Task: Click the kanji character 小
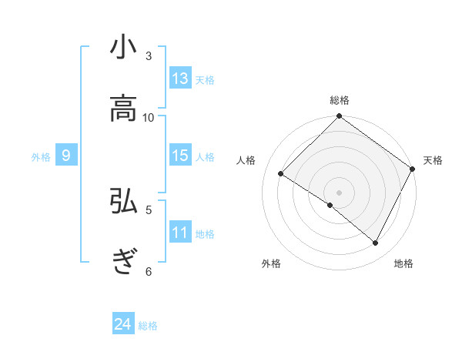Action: click(123, 49)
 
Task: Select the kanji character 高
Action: click(123, 110)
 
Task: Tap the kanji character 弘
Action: click(123, 201)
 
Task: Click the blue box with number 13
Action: click(180, 79)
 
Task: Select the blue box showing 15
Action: click(180, 156)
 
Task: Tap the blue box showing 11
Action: click(180, 233)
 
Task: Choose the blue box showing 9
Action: click(66, 156)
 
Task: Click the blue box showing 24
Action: click(123, 324)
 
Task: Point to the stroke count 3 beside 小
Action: click(149, 56)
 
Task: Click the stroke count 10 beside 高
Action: click(149, 117)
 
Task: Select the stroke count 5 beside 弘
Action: click(149, 209)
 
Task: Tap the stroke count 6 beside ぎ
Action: click(149, 270)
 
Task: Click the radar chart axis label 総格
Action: click(340, 101)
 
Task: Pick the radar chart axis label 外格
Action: click(271, 264)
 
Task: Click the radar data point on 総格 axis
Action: click(340, 118)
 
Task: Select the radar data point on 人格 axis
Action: click(281, 174)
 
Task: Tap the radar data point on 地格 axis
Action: click(376, 243)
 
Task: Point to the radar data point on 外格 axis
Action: click(330, 205)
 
